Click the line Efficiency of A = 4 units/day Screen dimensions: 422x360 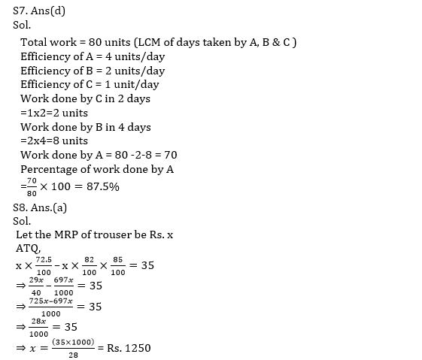click(93, 56)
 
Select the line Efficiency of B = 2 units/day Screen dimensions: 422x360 click(93, 71)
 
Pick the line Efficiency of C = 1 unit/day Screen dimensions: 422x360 click(90, 84)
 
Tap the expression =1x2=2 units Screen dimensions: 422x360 click(54, 113)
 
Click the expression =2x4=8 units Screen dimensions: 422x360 click(54, 141)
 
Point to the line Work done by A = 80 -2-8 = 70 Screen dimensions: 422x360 click(99, 155)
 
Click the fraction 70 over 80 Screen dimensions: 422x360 click(31, 186)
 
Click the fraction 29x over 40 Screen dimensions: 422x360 click(35, 286)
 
